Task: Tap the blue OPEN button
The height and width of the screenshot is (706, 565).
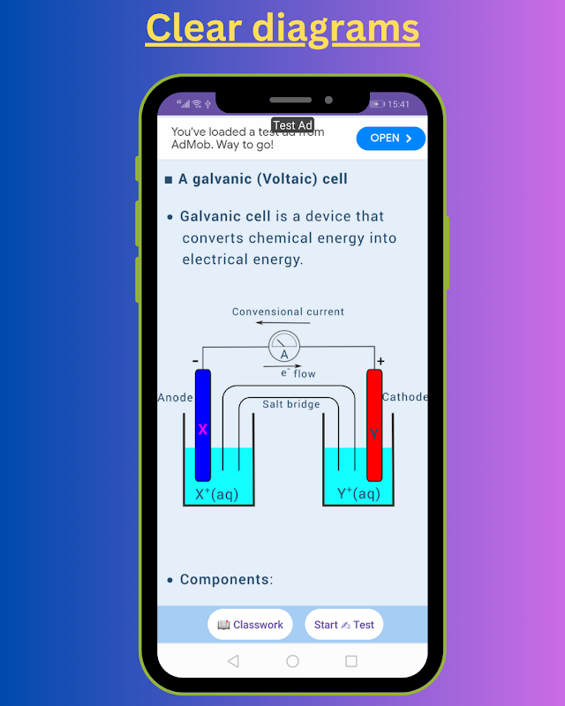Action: coord(390,139)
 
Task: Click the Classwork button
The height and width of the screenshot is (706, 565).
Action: coord(250,625)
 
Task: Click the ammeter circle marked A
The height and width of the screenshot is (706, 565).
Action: coord(284,346)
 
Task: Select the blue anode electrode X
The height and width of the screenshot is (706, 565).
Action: coord(203,425)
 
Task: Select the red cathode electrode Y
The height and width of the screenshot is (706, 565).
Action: coord(374,425)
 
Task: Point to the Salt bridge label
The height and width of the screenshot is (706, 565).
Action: coord(291,404)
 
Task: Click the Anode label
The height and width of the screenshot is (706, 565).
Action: coord(176,398)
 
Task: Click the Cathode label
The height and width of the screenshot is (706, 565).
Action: coord(404,396)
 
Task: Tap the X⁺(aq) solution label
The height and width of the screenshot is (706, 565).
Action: coord(216,494)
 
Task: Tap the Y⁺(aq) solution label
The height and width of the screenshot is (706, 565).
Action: coord(358,493)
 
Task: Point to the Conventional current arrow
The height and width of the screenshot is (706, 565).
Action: coord(283,322)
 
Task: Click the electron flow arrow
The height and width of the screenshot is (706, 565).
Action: coord(282,366)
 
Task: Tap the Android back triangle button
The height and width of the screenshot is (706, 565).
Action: coord(233,661)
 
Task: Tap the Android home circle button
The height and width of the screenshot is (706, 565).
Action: coord(292,661)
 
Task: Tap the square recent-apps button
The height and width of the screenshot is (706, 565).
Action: coord(351,661)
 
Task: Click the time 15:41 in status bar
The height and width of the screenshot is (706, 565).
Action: coord(398,104)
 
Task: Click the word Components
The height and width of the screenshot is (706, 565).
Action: coord(225,580)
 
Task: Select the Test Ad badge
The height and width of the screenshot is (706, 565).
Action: coord(292,125)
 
